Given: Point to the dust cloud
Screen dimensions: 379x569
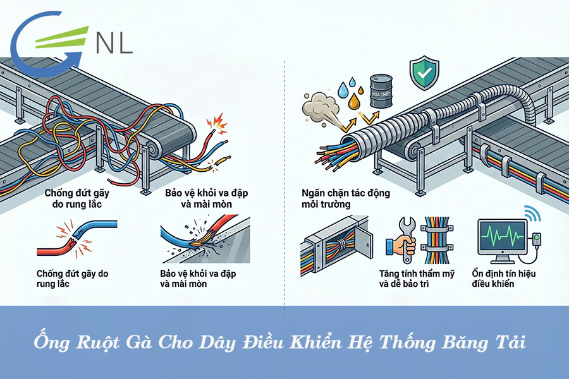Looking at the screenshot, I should tap(318, 107).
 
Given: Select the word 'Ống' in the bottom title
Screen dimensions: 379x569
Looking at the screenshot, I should tap(49, 343).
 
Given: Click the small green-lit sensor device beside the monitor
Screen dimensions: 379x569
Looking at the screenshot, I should tap(538, 241).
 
